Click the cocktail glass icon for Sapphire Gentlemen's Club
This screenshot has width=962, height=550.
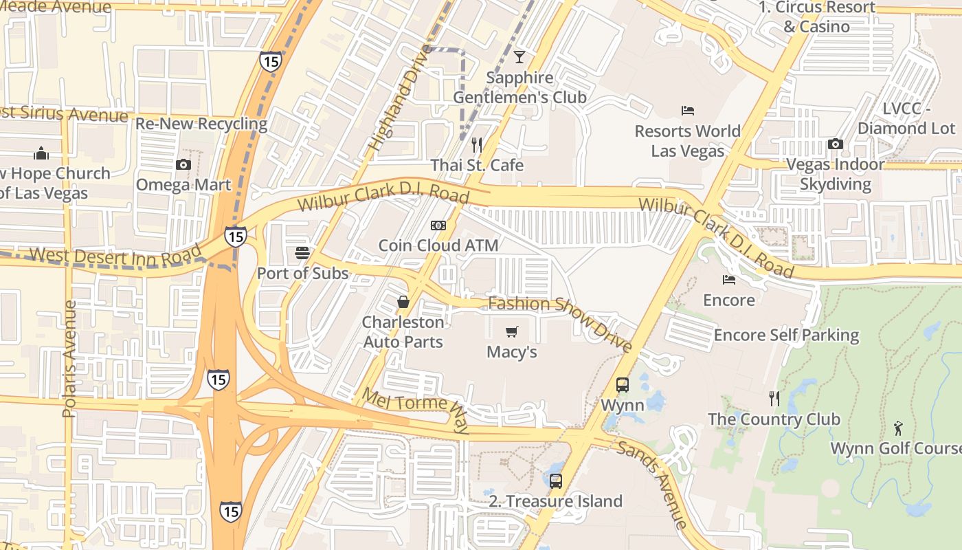tap(519, 57)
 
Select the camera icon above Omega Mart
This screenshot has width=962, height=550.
tap(183, 164)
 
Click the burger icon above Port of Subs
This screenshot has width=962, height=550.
tap(302, 252)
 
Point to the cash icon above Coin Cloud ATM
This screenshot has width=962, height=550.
tap(438, 225)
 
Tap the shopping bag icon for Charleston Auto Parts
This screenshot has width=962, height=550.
tap(403, 301)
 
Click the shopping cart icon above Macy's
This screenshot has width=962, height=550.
tap(511, 332)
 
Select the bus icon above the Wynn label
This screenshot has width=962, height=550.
tap(623, 384)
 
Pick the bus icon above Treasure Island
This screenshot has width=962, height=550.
tap(556, 481)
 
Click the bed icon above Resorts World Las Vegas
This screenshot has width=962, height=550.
tap(688, 110)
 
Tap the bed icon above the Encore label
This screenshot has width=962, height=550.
tap(729, 279)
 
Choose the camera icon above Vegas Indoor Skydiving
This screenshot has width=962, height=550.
tap(836, 144)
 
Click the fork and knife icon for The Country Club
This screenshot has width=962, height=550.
tap(774, 399)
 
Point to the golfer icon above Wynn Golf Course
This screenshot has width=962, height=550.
tap(898, 428)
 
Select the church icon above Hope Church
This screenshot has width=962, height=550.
tap(41, 153)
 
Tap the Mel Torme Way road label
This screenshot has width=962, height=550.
tap(415, 410)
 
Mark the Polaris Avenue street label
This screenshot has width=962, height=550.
tap(69, 359)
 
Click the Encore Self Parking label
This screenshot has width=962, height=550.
tap(786, 335)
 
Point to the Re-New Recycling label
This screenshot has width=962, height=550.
tap(201, 124)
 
